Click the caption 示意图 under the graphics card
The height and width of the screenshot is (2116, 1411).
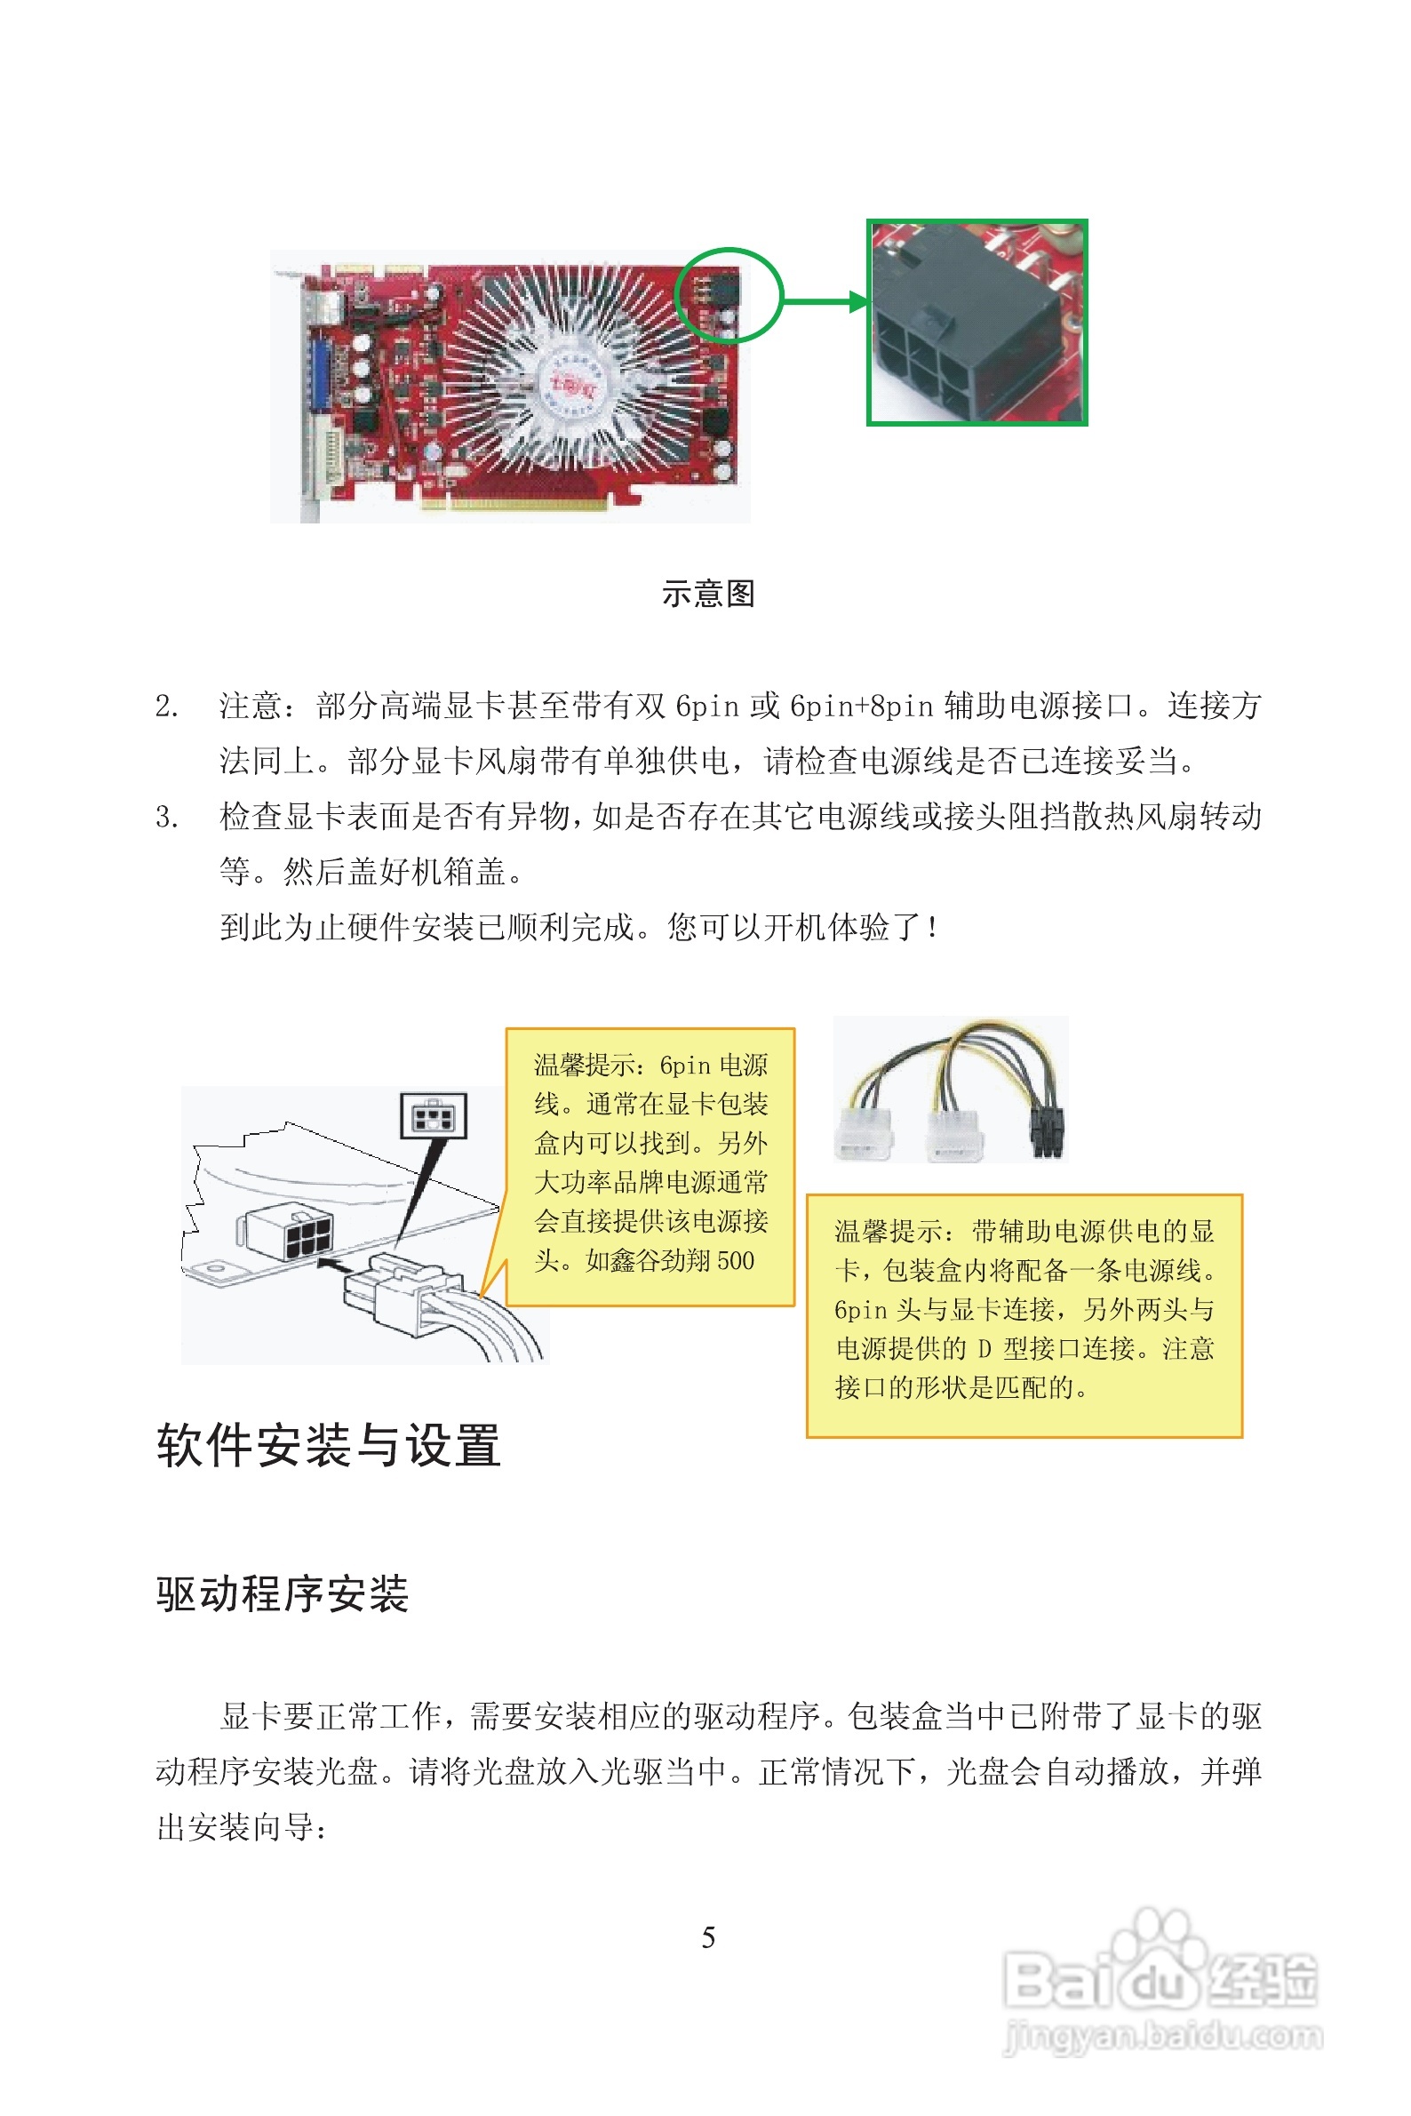tap(708, 594)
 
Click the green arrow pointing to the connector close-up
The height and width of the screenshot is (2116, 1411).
tap(824, 301)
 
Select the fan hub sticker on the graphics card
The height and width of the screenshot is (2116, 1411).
tap(574, 385)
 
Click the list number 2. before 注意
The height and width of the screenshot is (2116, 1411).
tap(166, 707)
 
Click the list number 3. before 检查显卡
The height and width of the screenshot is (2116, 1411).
tap(166, 818)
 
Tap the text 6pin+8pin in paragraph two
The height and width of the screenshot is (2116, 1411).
tap(861, 707)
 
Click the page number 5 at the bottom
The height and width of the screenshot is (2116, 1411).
tap(708, 1937)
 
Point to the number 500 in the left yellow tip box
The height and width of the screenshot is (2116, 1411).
tap(735, 1261)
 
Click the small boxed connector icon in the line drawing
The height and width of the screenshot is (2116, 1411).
tap(434, 1116)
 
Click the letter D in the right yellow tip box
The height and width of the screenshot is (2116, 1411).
tap(985, 1349)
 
